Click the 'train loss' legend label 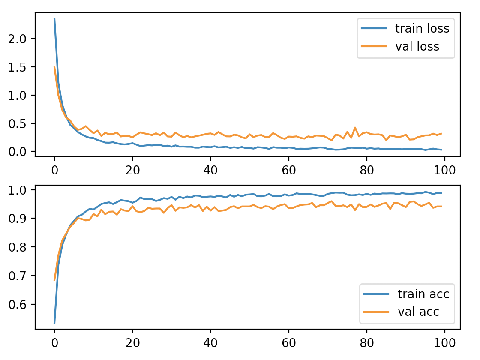[x=422, y=29]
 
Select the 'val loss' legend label [x=417, y=46]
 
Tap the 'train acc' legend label [x=423, y=294]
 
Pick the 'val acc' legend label [x=418, y=312]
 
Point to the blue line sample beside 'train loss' [x=375, y=29]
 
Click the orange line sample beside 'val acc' [x=377, y=312]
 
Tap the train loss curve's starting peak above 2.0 [x=54, y=19]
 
